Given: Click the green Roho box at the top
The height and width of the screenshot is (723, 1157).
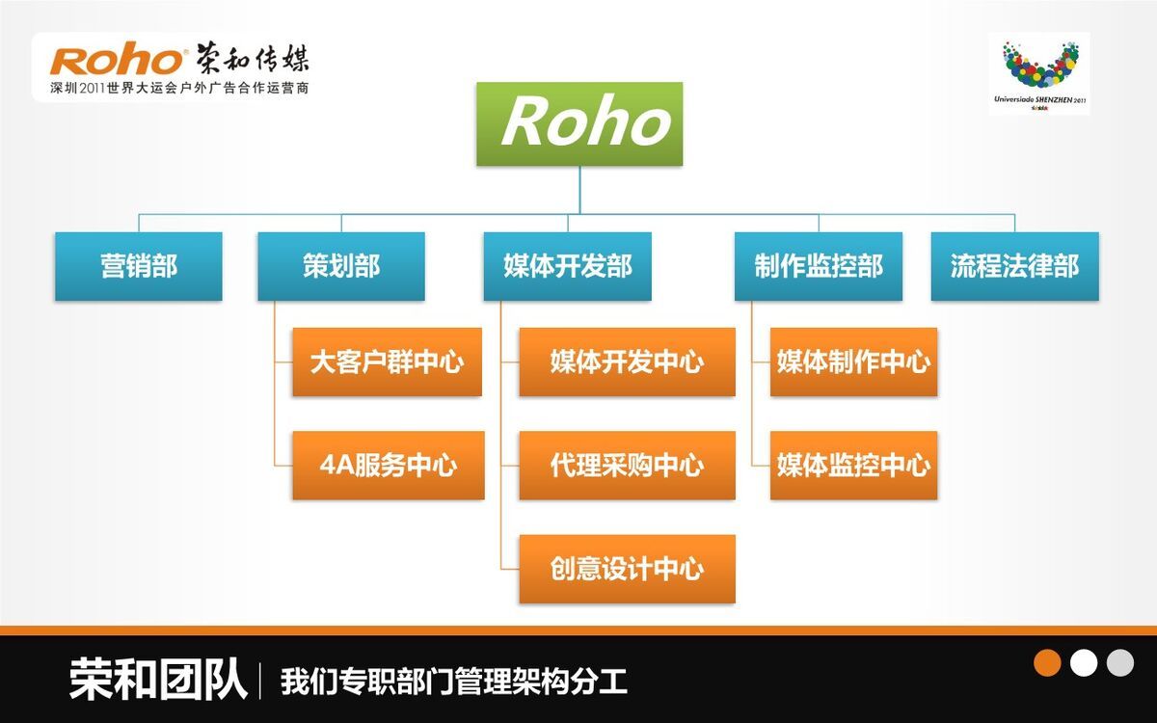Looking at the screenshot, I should [x=579, y=123].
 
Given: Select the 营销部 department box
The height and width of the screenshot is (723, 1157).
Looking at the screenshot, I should [x=139, y=266].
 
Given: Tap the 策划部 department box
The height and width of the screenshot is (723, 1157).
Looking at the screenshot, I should [x=341, y=266].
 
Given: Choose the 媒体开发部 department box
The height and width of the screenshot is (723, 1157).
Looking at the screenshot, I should [x=567, y=266].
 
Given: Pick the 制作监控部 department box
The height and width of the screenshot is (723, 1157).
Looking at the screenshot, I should [x=819, y=266].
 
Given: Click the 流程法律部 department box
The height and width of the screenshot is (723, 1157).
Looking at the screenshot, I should [x=1014, y=266].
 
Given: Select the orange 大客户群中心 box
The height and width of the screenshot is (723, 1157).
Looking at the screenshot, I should [x=387, y=362].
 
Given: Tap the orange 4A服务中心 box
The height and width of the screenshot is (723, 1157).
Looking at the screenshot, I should [x=388, y=466].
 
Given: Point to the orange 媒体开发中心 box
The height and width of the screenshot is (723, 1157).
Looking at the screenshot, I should [x=627, y=362].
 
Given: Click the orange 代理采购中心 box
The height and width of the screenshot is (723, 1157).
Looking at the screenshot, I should [x=627, y=466].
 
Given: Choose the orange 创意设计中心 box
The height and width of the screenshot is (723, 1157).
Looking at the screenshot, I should [x=627, y=569].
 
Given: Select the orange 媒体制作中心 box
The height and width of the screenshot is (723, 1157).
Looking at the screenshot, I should [x=853, y=362].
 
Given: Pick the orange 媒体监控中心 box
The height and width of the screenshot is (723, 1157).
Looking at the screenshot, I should [x=853, y=466].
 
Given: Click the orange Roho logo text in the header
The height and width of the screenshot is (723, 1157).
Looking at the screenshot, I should [x=117, y=60].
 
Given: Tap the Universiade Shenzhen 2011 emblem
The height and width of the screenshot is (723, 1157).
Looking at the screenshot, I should [x=1038, y=73].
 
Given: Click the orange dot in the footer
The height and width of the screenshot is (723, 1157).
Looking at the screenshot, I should [x=1047, y=663].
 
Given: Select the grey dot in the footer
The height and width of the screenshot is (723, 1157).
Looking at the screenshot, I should [x=1120, y=663].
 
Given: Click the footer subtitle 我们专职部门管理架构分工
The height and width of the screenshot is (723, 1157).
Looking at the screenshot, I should [x=454, y=682].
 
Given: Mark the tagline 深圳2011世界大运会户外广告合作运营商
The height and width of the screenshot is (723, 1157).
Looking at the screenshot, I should [x=179, y=89].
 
